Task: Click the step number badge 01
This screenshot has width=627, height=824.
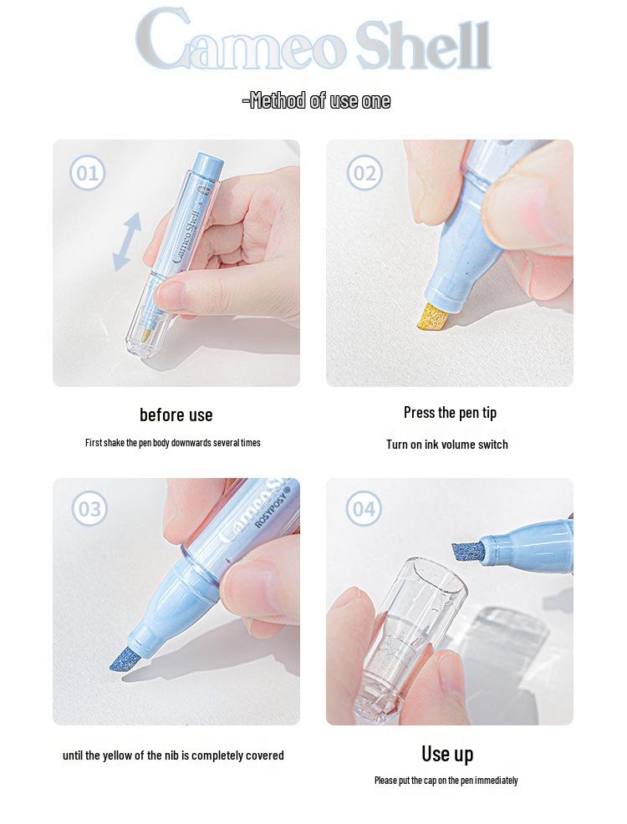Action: coord(87,173)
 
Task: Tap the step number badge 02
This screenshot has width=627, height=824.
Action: coord(364,173)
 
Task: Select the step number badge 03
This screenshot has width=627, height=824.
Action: coord(89,508)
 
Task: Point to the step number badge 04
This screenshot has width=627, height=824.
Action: coord(364,508)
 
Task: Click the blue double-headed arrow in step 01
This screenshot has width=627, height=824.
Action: coord(126,242)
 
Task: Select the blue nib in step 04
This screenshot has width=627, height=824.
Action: coord(467,550)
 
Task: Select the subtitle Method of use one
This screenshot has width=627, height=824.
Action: coord(317,101)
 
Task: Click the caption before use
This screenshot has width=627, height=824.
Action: coord(176,415)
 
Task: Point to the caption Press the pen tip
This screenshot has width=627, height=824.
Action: coord(450,413)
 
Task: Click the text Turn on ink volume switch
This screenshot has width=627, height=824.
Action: coord(446,445)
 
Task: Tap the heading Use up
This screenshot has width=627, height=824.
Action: coord(447,754)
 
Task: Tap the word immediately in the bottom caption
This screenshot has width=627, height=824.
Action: coord(496,781)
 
